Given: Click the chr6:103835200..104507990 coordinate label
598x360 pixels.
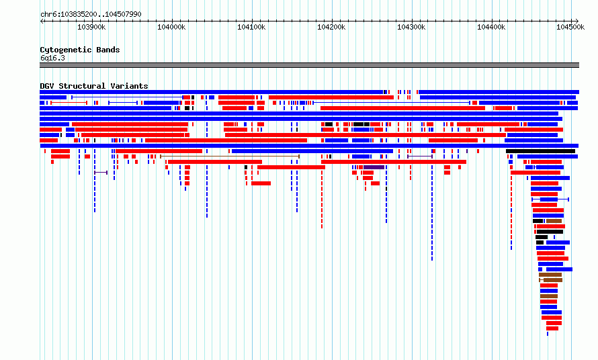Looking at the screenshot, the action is (x=91, y=14).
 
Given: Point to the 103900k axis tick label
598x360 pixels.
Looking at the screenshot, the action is (x=91, y=27).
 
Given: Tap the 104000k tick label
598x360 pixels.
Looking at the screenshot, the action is (x=171, y=27).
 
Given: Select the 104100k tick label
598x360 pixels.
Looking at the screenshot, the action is (x=251, y=27).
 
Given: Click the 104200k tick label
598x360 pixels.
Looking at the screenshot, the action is (x=331, y=27).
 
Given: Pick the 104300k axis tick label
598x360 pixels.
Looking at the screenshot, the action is (x=411, y=27).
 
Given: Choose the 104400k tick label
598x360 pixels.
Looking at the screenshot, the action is (x=491, y=27).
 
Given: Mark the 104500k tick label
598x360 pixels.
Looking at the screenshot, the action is (x=570, y=27).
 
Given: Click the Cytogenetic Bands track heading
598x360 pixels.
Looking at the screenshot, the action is (x=80, y=50).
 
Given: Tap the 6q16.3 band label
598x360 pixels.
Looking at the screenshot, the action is (x=52, y=58).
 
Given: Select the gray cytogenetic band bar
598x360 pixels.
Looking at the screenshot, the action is (x=309, y=65).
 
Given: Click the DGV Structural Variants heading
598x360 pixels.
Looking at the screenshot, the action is (x=94, y=86).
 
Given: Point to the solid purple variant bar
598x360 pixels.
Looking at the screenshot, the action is (x=374, y=167).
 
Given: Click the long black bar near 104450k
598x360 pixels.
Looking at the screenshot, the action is (x=540, y=151).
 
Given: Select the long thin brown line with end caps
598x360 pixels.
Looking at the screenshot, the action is (x=230, y=156).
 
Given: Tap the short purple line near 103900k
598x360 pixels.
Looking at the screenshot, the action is (x=101, y=173).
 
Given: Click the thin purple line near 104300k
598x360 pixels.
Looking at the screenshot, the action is (x=419, y=156).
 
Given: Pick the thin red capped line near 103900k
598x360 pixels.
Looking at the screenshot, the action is (x=69, y=103).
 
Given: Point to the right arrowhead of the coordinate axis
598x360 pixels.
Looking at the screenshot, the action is (x=577, y=21).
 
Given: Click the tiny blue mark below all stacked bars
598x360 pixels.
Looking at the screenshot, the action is (x=548, y=334).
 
